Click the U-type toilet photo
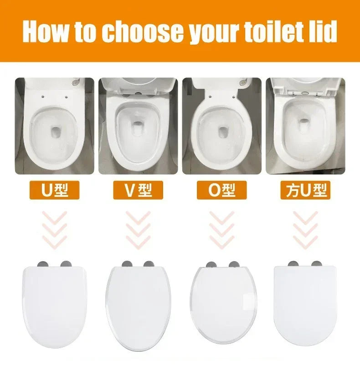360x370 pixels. (55, 125)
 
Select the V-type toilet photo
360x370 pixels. (138, 125)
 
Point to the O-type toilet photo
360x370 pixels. (222, 125)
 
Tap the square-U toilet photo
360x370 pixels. (304, 125)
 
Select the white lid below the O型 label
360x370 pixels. (223, 303)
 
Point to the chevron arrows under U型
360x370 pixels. (55, 230)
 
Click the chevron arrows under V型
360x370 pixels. (138, 230)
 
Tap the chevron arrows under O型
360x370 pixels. (222, 230)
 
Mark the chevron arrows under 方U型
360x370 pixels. (304, 230)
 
